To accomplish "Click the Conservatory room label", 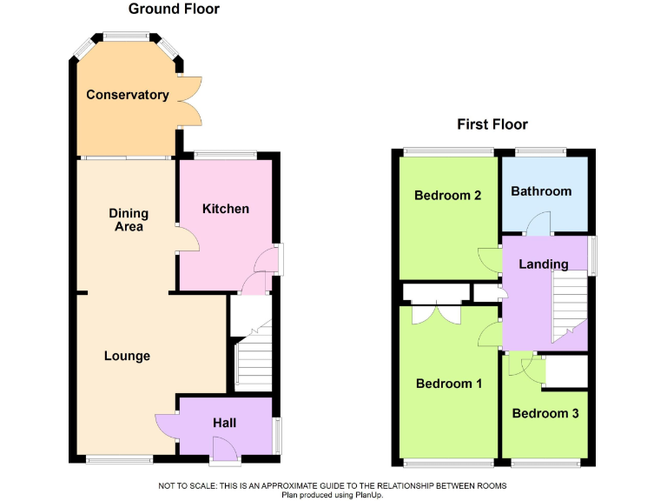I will coord(127,95).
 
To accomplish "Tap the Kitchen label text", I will coord(226,209).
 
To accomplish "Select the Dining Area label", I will coord(129,220).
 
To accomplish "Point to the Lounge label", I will coord(127,356).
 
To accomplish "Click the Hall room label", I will coord(225,423).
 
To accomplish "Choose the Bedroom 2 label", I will coord(447,195).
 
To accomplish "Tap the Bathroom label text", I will coord(541,191).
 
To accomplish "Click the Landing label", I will coord(544,264).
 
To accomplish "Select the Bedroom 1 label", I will coord(448,384).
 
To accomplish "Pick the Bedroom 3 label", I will coord(545,413).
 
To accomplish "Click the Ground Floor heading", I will coord(174,10).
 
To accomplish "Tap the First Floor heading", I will coord(492,124).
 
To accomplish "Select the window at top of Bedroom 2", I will coord(433,153).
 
